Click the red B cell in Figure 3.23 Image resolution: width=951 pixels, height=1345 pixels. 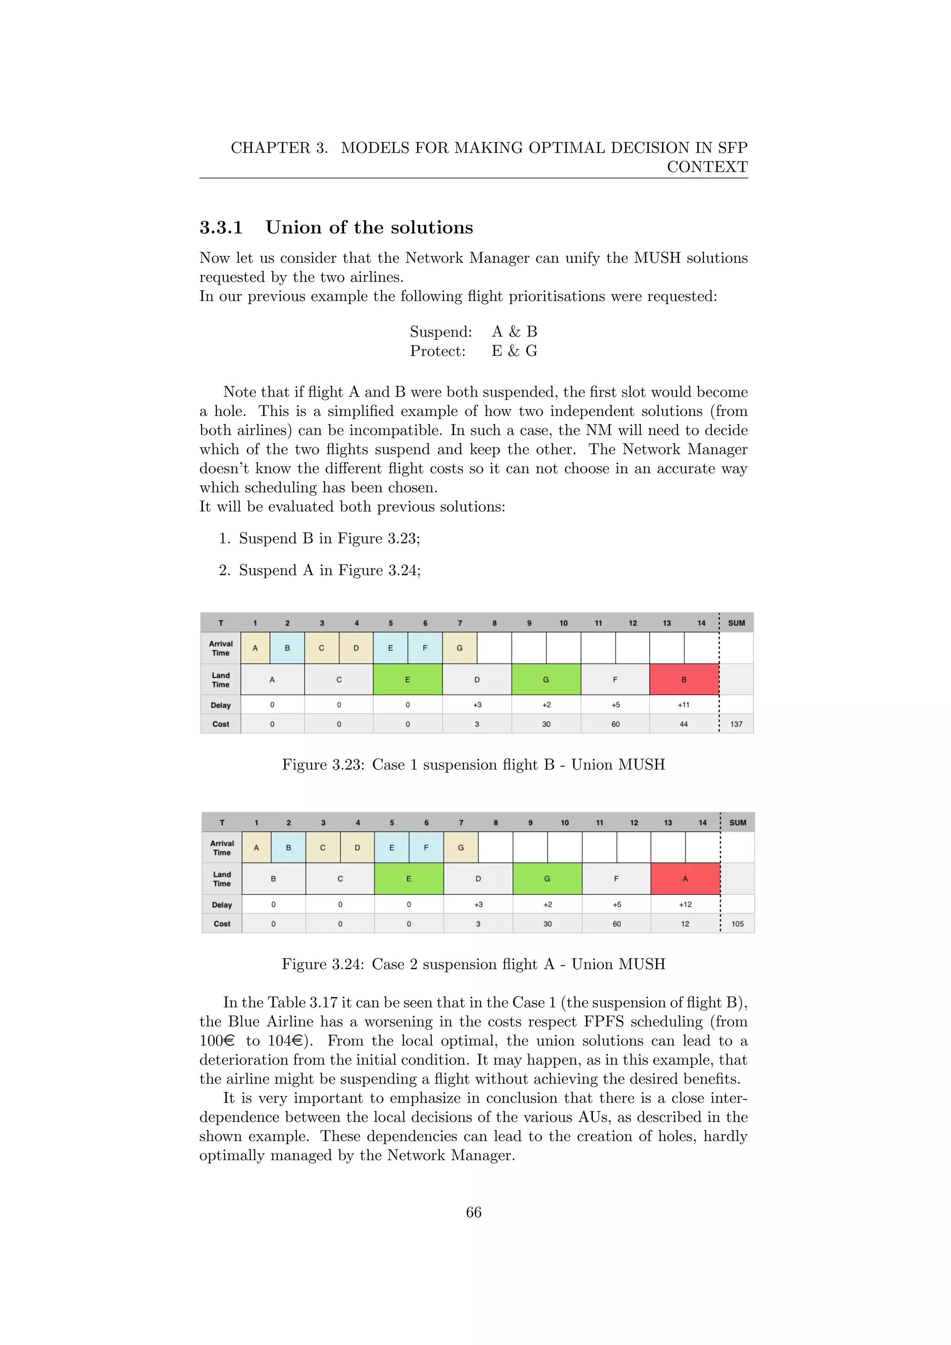pos(684,679)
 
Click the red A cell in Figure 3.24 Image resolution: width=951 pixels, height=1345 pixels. pos(684,879)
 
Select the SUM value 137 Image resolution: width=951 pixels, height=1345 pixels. pos(736,724)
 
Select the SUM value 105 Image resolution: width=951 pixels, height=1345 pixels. pos(737,924)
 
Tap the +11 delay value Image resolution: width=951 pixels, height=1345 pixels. pos(684,705)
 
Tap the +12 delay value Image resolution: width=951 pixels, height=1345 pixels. pos(685,904)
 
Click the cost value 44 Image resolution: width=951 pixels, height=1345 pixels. pos(684,724)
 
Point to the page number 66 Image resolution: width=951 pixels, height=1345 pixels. pos(474,1212)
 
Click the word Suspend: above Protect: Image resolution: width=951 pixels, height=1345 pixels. pos(440,332)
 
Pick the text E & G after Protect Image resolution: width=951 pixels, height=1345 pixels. pos(514,351)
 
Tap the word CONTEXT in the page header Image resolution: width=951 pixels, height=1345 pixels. pos(707,167)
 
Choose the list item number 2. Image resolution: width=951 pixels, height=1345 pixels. pos(225,571)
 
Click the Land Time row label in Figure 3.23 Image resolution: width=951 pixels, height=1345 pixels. pos(221,679)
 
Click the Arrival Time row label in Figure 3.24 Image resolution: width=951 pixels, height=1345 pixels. pos(222,848)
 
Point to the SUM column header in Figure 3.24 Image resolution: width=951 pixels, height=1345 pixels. pos(737,823)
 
